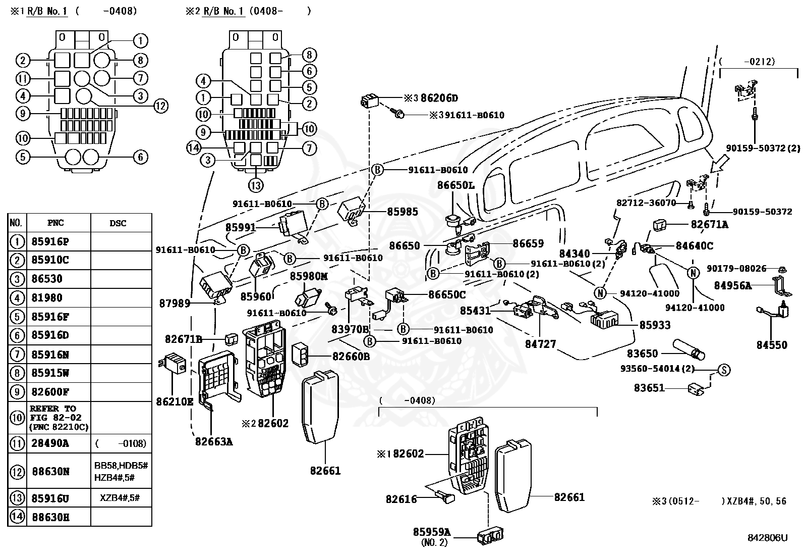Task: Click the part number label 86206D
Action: pyautogui.click(x=439, y=97)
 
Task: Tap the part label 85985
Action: pyautogui.click(x=403, y=212)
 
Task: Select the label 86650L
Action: pyautogui.click(x=455, y=185)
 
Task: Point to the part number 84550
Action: pyautogui.click(x=772, y=344)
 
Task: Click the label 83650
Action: pyautogui.click(x=643, y=354)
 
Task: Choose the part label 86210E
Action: pyautogui.click(x=175, y=401)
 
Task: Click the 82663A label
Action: pyautogui.click(x=214, y=441)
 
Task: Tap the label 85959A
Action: pyautogui.click(x=432, y=532)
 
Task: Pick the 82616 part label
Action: pyautogui.click(x=401, y=499)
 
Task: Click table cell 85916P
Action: pyautogui.click(x=50, y=241)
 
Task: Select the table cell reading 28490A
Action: pyautogui.click(x=50, y=443)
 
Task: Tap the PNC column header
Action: pyautogui.click(x=55, y=223)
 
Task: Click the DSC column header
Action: pyautogui.click(x=118, y=223)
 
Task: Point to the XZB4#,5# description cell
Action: pyautogui.click(x=120, y=498)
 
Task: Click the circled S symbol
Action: pyautogui.click(x=724, y=370)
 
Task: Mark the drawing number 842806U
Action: pyautogui.click(x=768, y=538)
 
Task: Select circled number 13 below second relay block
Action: pyautogui.click(x=256, y=185)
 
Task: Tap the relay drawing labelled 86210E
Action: pyautogui.click(x=173, y=363)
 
